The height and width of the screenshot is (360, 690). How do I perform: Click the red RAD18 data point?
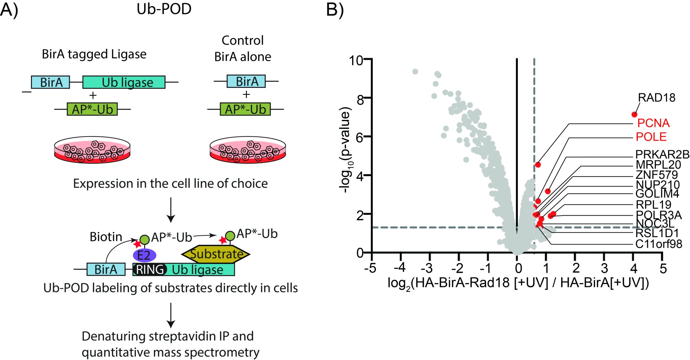coord(634,114)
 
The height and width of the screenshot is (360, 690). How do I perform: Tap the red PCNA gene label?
coord(653,123)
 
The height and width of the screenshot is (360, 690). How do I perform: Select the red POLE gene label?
coord(651,137)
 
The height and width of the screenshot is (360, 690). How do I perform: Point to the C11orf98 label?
coord(658,244)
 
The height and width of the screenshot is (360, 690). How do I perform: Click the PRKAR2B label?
coord(662,154)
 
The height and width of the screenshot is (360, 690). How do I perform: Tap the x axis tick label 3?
coord(604,268)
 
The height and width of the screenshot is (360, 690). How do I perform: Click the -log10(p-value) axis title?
coord(345,150)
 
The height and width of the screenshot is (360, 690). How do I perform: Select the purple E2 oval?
coord(145,255)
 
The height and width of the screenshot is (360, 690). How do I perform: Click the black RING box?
coord(150,269)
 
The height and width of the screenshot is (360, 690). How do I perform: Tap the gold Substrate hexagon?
coord(216,254)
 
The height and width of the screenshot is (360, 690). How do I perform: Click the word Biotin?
coord(105,237)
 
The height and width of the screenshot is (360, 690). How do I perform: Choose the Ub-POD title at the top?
coord(164,9)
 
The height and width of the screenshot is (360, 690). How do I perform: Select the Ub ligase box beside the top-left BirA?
coord(124,82)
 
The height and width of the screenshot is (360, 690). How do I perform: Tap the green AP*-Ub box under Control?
coord(245,109)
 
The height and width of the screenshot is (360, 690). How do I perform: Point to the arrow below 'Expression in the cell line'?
coord(171,210)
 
